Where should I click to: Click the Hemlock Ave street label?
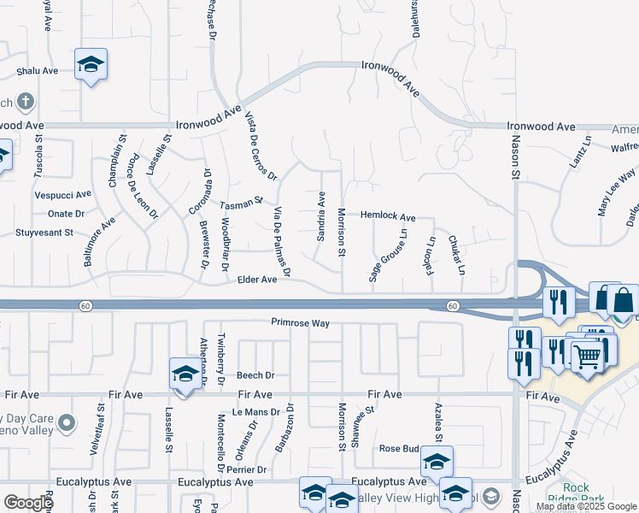pos(387,217)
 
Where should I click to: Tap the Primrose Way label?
pos(300,323)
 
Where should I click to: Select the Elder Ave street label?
pos(257,280)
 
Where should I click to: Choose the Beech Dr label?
pos(255,375)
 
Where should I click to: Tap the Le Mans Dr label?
pos(255,412)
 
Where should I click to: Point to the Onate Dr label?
pos(66,214)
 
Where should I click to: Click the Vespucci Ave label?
pos(62,195)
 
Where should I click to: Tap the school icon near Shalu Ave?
pos(91,65)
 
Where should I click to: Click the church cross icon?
pos(25,103)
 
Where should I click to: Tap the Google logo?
pos(28,503)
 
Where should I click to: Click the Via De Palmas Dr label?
pos(282,242)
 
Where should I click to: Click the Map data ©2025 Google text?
pos(585,506)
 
